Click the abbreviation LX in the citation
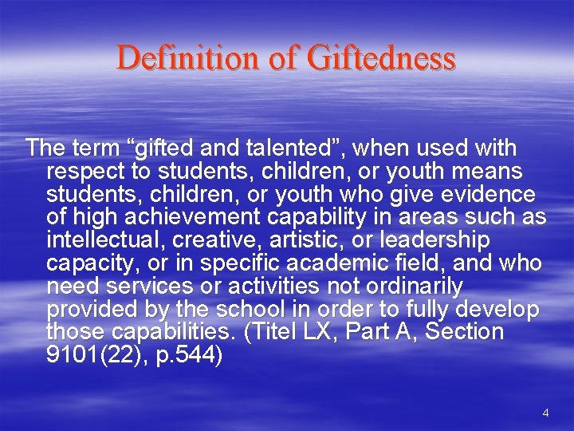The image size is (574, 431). (x=323, y=331)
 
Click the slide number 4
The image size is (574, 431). (x=545, y=413)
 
